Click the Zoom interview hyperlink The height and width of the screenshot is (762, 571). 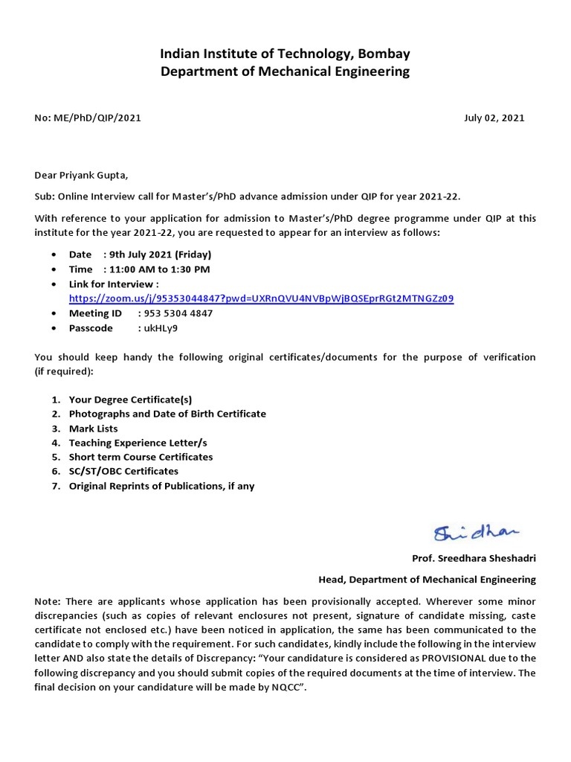pos(261,298)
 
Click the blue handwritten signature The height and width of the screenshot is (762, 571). pos(477,533)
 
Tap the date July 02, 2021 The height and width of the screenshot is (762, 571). pos(494,118)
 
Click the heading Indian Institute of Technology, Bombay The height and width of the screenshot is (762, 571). pos(285,54)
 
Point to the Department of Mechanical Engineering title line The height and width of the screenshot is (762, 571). pos(285,71)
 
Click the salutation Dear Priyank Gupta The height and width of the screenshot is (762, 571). pos(82,176)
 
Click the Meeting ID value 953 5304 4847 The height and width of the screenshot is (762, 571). pos(175,313)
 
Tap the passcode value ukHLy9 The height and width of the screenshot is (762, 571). pos(158,328)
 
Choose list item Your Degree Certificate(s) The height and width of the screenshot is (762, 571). pos(130,400)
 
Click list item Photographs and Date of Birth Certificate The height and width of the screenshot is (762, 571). pos(167,414)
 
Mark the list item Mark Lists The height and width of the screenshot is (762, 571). pos(93,429)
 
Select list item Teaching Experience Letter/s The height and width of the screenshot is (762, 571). pos(138,443)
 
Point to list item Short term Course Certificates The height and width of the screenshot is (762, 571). pos(141,457)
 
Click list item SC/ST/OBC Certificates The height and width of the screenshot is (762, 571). pos(123,471)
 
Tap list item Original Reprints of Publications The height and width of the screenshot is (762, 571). pos(161,486)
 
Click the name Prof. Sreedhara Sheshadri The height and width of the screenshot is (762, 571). pos(474,558)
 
